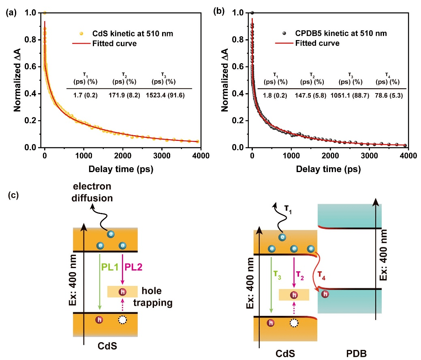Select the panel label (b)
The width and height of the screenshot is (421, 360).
click(x=218, y=12)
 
